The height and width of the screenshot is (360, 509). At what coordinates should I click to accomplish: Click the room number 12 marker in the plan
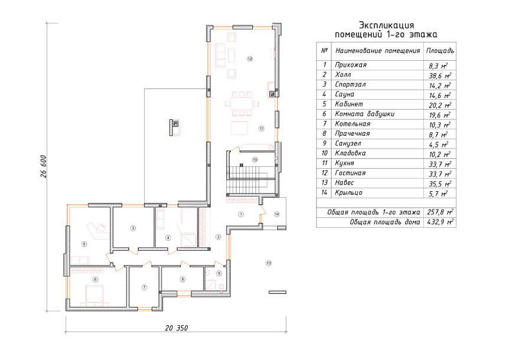point(250,58)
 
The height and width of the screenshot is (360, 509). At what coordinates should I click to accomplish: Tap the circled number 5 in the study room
point(84,244)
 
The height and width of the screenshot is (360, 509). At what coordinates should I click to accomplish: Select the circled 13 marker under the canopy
point(269,263)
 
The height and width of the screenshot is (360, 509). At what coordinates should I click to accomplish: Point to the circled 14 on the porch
point(276,214)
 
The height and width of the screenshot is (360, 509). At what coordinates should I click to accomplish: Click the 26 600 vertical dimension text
point(44,166)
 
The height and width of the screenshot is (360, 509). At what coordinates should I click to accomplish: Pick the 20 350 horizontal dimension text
point(177,328)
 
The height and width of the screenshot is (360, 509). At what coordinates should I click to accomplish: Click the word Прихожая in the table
point(351,65)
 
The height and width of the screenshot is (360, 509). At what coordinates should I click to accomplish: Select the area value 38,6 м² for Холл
point(440,76)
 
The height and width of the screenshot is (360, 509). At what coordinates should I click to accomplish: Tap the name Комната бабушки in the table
point(364,114)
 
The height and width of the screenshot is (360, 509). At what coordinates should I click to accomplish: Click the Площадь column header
point(440,51)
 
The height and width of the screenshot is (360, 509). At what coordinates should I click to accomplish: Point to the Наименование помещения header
point(377,51)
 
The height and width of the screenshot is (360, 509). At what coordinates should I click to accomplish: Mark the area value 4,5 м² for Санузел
point(439,145)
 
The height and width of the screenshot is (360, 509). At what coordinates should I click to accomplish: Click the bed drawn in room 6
point(94,293)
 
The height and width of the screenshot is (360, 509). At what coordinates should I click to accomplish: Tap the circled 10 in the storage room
point(255,159)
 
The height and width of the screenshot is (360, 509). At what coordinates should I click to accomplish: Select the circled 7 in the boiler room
point(145,287)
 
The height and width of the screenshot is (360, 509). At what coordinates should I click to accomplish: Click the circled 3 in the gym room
point(133,228)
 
